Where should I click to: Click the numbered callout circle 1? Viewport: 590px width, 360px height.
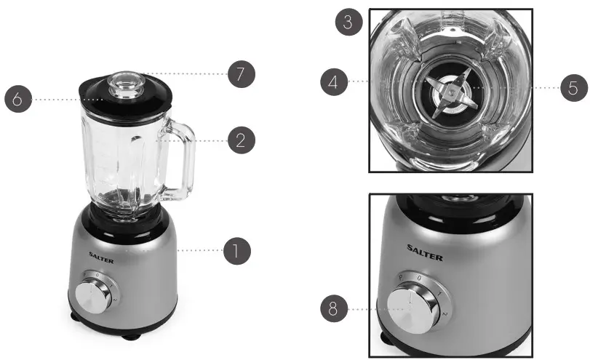click(236, 252)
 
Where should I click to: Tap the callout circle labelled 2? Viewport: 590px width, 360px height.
click(241, 140)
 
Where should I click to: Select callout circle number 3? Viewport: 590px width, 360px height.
click(349, 23)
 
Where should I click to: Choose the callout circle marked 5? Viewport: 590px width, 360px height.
click(573, 88)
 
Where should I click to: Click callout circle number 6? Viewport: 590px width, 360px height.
click(17, 99)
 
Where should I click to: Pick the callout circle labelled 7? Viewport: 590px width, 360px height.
click(241, 73)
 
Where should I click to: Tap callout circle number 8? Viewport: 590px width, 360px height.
click(333, 309)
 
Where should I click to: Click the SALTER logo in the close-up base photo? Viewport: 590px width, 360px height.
click(424, 256)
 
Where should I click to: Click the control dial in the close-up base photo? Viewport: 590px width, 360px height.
click(410, 309)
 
